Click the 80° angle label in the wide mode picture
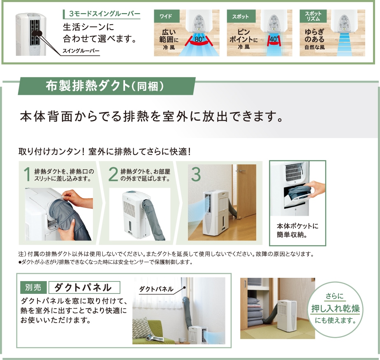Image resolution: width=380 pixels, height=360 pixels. [199, 39]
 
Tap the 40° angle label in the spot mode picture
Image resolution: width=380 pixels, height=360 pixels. [274, 39]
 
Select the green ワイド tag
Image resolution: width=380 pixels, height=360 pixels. [167, 16]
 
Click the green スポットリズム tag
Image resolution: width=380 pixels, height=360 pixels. [313, 16]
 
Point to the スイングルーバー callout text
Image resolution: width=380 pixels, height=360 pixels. [81, 51]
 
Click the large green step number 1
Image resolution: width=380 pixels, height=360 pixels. [27, 174]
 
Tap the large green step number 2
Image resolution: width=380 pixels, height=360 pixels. [113, 174]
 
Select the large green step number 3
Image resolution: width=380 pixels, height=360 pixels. [196, 174]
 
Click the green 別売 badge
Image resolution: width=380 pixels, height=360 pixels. [33, 287]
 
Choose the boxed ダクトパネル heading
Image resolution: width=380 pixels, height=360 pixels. [84, 287]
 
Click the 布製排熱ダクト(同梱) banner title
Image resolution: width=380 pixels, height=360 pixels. [105, 86]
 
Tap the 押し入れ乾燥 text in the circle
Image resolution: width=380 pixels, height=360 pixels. [336, 309]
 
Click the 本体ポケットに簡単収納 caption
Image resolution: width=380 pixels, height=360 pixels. [297, 230]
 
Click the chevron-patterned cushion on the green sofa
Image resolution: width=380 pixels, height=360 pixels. [142, 328]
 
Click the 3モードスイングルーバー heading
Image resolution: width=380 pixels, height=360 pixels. [104, 14]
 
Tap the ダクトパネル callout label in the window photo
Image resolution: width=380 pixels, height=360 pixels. [156, 289]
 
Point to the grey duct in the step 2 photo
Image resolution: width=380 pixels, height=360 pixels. [153, 218]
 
